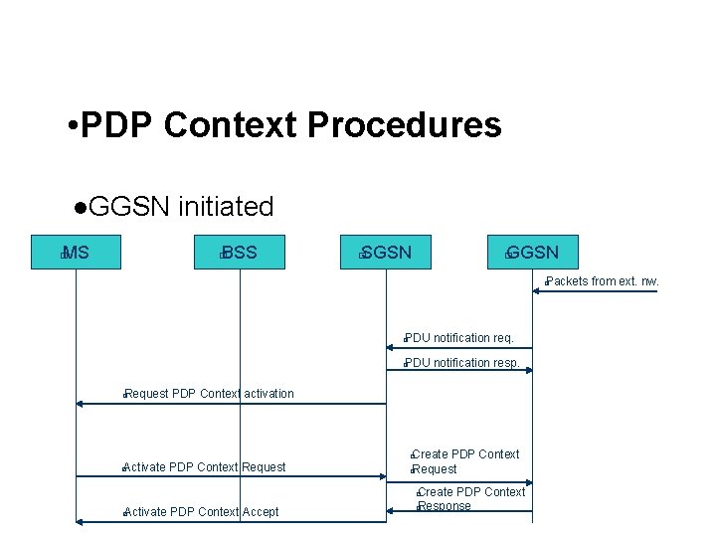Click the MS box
(x=76, y=253)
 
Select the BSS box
(x=239, y=253)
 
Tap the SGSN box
(x=386, y=253)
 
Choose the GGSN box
(x=532, y=253)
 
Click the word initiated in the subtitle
(x=225, y=207)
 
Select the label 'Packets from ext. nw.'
(x=602, y=281)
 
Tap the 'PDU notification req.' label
(x=458, y=338)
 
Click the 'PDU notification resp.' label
(x=461, y=363)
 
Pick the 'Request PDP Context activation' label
(x=209, y=394)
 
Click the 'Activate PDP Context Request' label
(x=204, y=467)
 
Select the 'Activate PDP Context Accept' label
(x=201, y=512)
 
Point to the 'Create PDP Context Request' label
(x=464, y=461)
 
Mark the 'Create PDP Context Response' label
(x=470, y=499)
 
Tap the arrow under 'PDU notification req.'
(x=459, y=348)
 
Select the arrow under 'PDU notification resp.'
(x=459, y=371)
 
